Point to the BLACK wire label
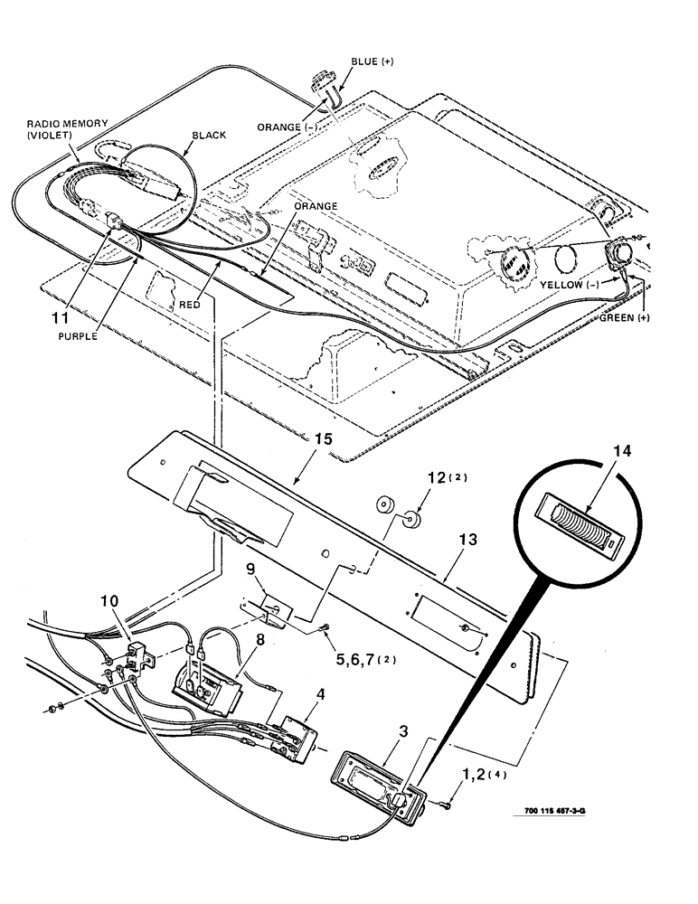[x=207, y=135]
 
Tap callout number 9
[x=253, y=571]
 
